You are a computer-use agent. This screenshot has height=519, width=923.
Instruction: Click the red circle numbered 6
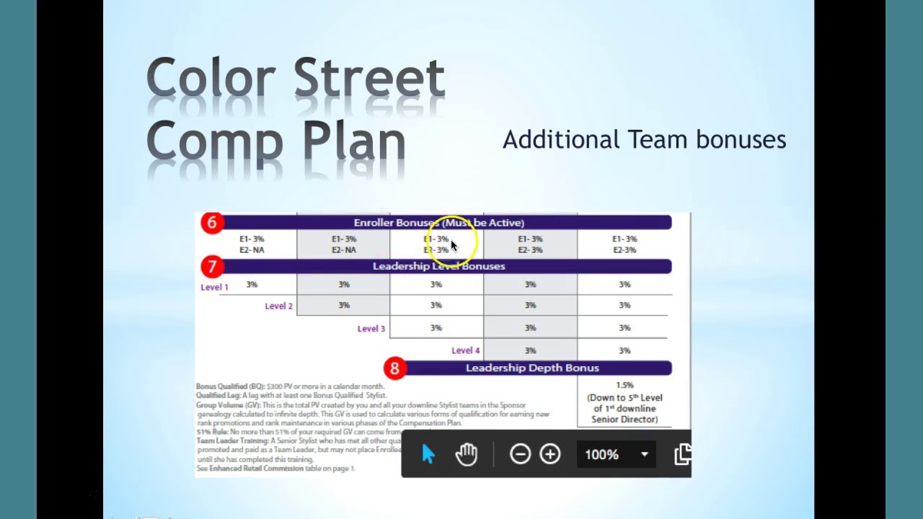[211, 223]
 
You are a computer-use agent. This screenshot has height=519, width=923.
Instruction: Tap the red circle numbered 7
[211, 267]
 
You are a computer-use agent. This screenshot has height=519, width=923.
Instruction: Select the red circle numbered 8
[394, 368]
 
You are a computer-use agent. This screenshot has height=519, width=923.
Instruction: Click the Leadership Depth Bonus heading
[532, 368]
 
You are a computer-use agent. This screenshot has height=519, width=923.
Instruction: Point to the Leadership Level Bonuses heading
[438, 266]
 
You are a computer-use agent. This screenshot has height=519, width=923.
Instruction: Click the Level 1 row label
[214, 287]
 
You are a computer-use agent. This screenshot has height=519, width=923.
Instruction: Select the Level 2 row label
[278, 306]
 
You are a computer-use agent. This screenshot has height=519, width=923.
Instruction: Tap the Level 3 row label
[371, 329]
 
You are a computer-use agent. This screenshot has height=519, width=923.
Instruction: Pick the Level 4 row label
[465, 350]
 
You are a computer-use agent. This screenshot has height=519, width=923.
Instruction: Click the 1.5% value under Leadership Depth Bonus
[624, 386]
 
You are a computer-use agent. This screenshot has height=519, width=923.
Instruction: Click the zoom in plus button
[550, 454]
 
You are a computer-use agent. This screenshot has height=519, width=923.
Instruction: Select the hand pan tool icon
[467, 454]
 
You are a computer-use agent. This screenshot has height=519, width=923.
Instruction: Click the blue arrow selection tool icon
[428, 454]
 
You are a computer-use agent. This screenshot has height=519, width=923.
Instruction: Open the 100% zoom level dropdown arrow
[644, 454]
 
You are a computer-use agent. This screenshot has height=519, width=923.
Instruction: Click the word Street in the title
[368, 78]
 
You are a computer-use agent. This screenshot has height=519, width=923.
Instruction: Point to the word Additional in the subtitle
[560, 139]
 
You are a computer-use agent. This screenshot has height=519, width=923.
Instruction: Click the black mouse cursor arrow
[454, 246]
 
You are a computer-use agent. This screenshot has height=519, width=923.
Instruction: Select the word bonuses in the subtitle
[741, 139]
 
